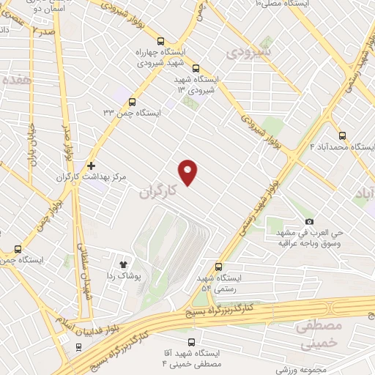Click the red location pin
[189, 171]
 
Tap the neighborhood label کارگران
[158, 191]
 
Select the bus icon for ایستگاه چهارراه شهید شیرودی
[160, 42]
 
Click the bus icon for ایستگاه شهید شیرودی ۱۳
[196, 68]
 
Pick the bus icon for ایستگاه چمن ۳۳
[132, 102]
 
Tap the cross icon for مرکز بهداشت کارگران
[91, 166]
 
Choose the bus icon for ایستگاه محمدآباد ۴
[342, 135]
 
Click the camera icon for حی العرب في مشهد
[310, 222]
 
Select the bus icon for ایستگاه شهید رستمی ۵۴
[218, 267]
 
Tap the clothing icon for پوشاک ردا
[122, 264]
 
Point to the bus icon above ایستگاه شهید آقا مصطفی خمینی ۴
[192, 342]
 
